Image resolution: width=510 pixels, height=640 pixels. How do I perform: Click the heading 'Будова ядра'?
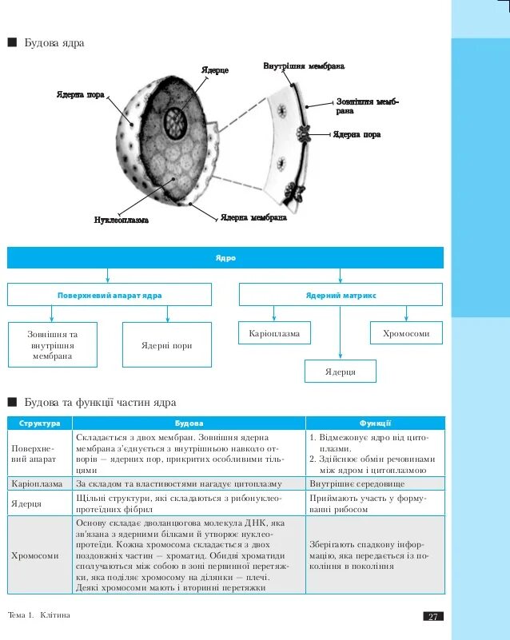coord(54,42)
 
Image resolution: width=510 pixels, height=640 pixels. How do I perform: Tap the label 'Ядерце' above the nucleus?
coord(213,71)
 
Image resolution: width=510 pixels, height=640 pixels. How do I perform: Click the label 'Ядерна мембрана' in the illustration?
coord(253,217)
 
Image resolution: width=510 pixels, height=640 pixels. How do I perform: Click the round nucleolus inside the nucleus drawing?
coord(174,123)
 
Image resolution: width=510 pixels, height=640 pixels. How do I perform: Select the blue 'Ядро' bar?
coord(225,258)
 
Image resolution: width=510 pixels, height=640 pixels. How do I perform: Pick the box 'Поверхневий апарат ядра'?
coord(110,295)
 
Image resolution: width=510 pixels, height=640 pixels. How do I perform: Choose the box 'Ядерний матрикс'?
coord(341,295)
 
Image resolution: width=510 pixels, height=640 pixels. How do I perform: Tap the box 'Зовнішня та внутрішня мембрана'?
coord(53,345)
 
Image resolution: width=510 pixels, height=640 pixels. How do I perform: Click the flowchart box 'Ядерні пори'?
coord(166,345)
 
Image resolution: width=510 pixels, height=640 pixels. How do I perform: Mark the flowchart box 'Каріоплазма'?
coord(275,333)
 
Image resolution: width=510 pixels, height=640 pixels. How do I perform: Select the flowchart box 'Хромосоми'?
coord(406,333)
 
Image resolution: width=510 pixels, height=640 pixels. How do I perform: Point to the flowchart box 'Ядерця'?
coord(340,372)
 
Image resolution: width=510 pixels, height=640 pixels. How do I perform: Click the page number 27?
coord(432,616)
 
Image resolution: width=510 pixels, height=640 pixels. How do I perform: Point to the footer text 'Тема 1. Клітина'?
coord(38,615)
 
